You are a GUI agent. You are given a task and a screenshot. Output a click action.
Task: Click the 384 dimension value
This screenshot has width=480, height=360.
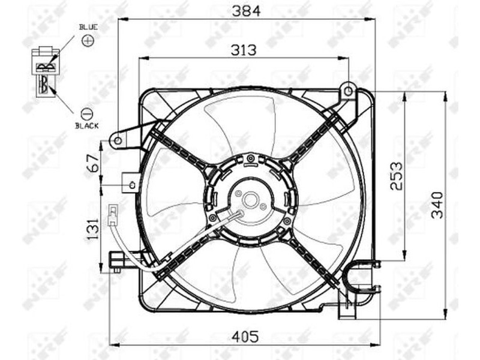[x=246, y=11]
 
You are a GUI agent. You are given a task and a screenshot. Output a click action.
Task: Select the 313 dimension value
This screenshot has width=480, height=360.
[x=244, y=50]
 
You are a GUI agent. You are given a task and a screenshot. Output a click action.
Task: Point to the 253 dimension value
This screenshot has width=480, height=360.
[x=396, y=176]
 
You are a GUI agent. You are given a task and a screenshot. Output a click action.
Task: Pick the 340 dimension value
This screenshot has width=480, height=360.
[x=437, y=205]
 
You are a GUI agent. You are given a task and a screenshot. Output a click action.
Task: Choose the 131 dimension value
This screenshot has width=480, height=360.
[x=93, y=229]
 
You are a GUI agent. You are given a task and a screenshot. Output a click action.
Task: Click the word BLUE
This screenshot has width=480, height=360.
[x=88, y=27]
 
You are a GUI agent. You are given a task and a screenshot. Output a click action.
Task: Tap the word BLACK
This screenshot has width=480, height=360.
[x=87, y=126]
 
